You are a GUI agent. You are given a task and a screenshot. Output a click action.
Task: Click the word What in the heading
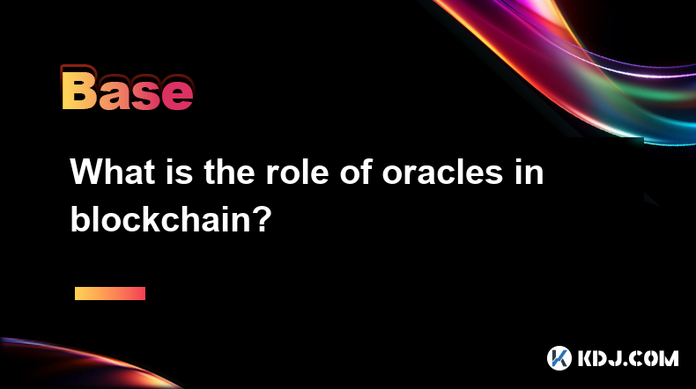pos(113,172)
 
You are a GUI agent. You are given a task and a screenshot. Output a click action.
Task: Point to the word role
pos(297,172)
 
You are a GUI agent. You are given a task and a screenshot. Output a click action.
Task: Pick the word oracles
pos(442,172)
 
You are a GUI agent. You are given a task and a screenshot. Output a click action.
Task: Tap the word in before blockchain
pos(529,172)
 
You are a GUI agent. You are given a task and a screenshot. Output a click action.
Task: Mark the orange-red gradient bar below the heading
pos(110,293)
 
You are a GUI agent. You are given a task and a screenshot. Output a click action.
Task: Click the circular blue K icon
pos(559,358)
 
